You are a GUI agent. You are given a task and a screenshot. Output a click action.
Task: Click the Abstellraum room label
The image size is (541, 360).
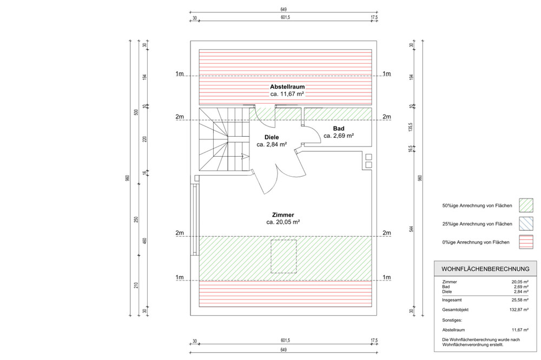[287, 86]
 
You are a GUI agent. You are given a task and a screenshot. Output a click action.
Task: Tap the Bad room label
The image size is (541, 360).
[339, 128]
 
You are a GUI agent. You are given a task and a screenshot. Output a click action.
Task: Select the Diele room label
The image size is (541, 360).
[271, 137]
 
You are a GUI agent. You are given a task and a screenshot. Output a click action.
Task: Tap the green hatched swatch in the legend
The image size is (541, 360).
[526, 205]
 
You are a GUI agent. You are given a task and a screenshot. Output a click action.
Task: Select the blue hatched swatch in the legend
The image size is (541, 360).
[526, 224]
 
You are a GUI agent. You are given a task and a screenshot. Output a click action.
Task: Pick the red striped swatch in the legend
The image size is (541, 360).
[526, 242]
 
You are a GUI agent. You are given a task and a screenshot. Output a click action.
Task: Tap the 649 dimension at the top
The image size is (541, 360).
[283, 9]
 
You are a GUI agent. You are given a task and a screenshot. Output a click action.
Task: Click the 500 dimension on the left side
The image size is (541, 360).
[136, 112]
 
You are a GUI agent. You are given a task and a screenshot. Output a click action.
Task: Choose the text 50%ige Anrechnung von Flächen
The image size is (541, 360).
[477, 206]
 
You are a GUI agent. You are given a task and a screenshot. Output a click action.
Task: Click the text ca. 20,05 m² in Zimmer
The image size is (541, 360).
[283, 222]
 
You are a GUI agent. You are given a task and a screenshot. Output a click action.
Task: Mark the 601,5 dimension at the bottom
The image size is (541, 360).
[285, 341]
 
